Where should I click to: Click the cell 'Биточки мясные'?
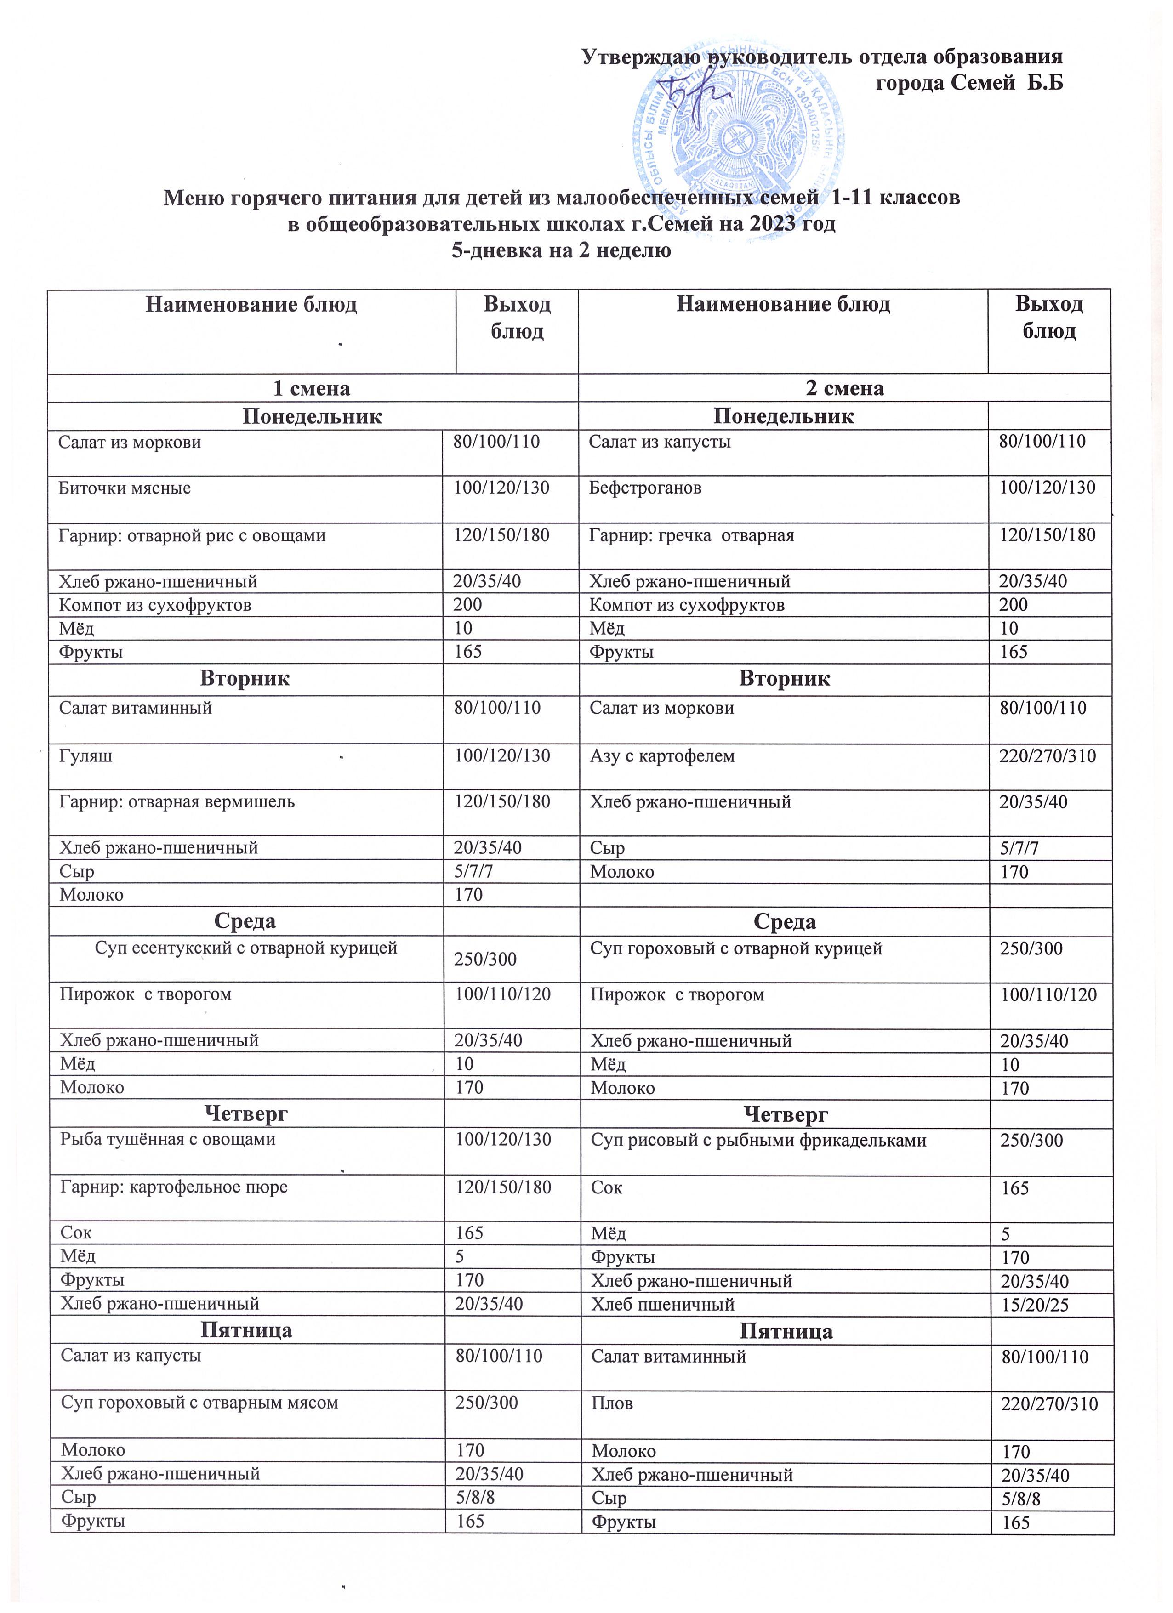(x=125, y=488)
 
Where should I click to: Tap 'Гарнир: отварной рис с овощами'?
(x=192, y=535)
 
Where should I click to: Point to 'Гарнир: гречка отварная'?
(x=691, y=535)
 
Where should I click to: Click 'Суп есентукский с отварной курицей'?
(x=246, y=948)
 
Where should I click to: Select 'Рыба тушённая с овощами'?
(x=168, y=1139)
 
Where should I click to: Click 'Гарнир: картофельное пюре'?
(x=174, y=1187)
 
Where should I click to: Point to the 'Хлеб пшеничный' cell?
(x=663, y=1304)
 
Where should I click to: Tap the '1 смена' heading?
(x=312, y=388)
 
